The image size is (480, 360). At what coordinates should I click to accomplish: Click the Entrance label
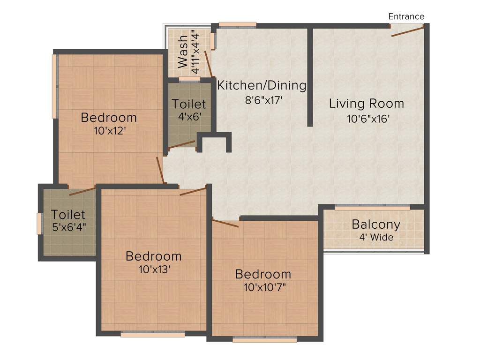click(406, 16)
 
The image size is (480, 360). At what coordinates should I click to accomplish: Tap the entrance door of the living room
click(408, 31)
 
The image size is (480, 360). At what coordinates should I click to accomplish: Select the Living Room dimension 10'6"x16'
click(368, 119)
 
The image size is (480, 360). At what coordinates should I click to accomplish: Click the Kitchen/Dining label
click(262, 86)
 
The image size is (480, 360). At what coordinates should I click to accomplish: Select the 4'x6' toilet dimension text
click(188, 117)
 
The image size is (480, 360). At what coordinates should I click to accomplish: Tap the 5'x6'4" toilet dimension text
click(69, 228)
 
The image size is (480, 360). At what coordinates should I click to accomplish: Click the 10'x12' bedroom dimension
click(109, 131)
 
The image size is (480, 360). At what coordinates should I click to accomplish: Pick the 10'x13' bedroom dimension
click(153, 270)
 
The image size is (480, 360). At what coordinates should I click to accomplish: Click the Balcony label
click(376, 224)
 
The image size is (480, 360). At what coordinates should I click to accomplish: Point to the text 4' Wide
click(376, 237)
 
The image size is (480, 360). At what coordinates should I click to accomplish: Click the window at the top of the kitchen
click(237, 24)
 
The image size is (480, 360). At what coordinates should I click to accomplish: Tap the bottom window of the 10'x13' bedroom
click(152, 334)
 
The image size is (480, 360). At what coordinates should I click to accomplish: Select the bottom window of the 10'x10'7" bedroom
click(264, 339)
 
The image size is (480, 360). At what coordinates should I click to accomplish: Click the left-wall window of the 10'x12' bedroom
click(55, 87)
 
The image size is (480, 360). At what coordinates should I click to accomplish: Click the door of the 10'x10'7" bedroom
click(225, 223)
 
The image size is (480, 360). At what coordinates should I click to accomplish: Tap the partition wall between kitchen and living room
click(309, 77)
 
